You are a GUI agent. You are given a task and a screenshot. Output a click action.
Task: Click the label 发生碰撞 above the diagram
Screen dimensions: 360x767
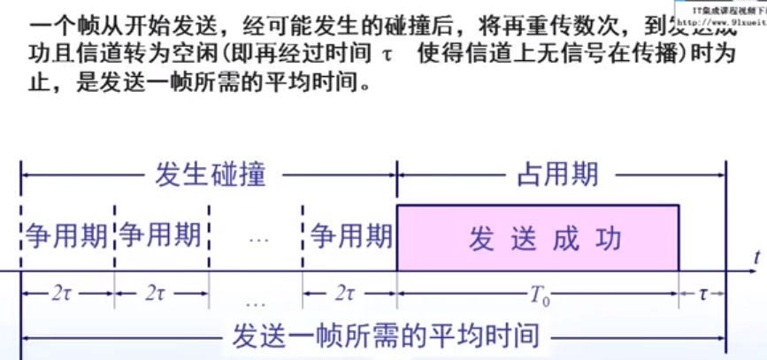(209, 173)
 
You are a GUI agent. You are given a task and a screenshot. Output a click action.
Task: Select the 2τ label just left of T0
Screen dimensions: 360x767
(348, 292)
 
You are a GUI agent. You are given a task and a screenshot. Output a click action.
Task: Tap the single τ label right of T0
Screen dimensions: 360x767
(703, 292)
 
